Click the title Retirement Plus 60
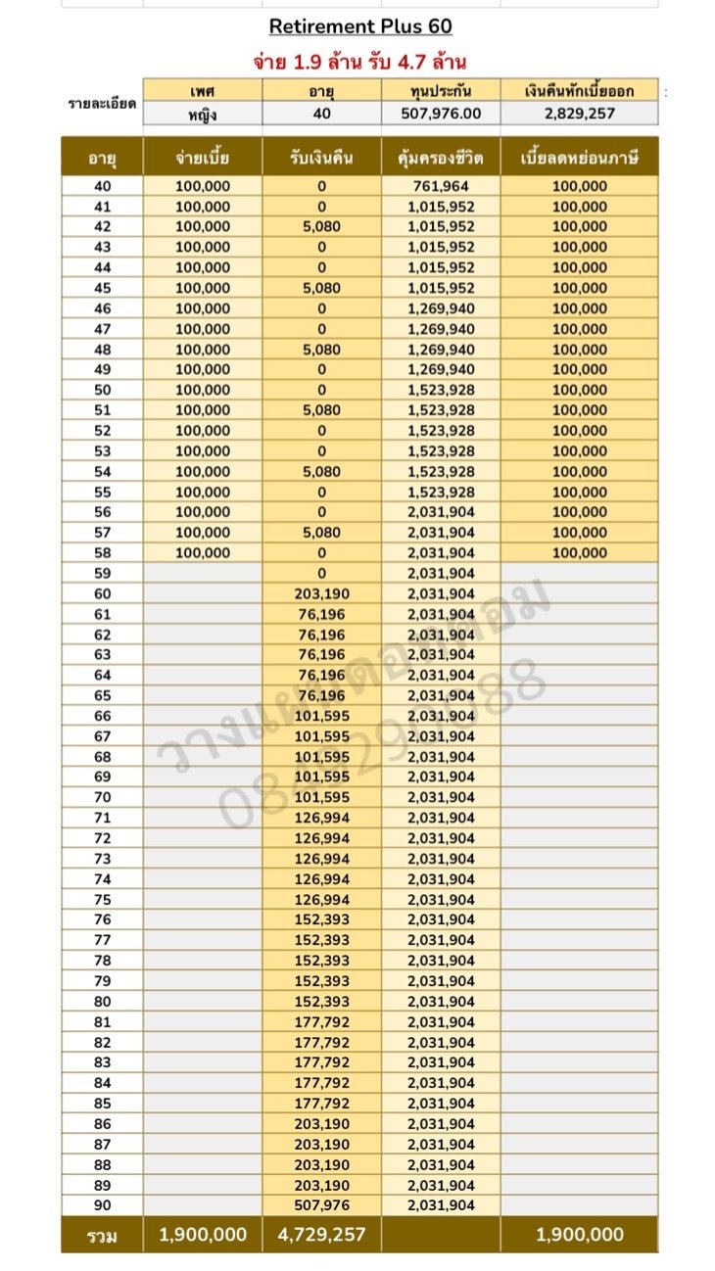[x=360, y=26]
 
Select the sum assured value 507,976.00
[x=441, y=114]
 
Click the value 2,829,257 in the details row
[x=579, y=114]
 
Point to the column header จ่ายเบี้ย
[x=203, y=157]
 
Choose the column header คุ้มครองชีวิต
[x=441, y=157]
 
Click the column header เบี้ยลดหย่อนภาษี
[x=579, y=157]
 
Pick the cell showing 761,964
[x=441, y=186]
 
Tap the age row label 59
[x=102, y=573]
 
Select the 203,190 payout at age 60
[x=321, y=593]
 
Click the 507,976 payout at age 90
[x=321, y=1205]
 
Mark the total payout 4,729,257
[x=321, y=1235]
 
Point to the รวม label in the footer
[x=102, y=1236]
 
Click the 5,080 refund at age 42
[x=321, y=227]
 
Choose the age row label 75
[x=102, y=900]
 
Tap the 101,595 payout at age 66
[x=321, y=716]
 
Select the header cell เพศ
[x=203, y=91]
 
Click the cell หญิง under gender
[x=203, y=114]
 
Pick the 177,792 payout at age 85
[x=321, y=1104]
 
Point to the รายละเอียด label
[x=102, y=103]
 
